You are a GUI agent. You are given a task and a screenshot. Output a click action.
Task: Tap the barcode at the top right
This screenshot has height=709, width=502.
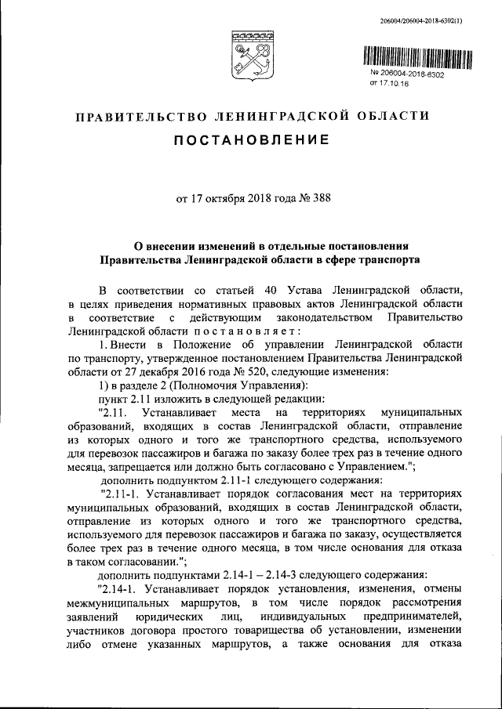click(x=420, y=57)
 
